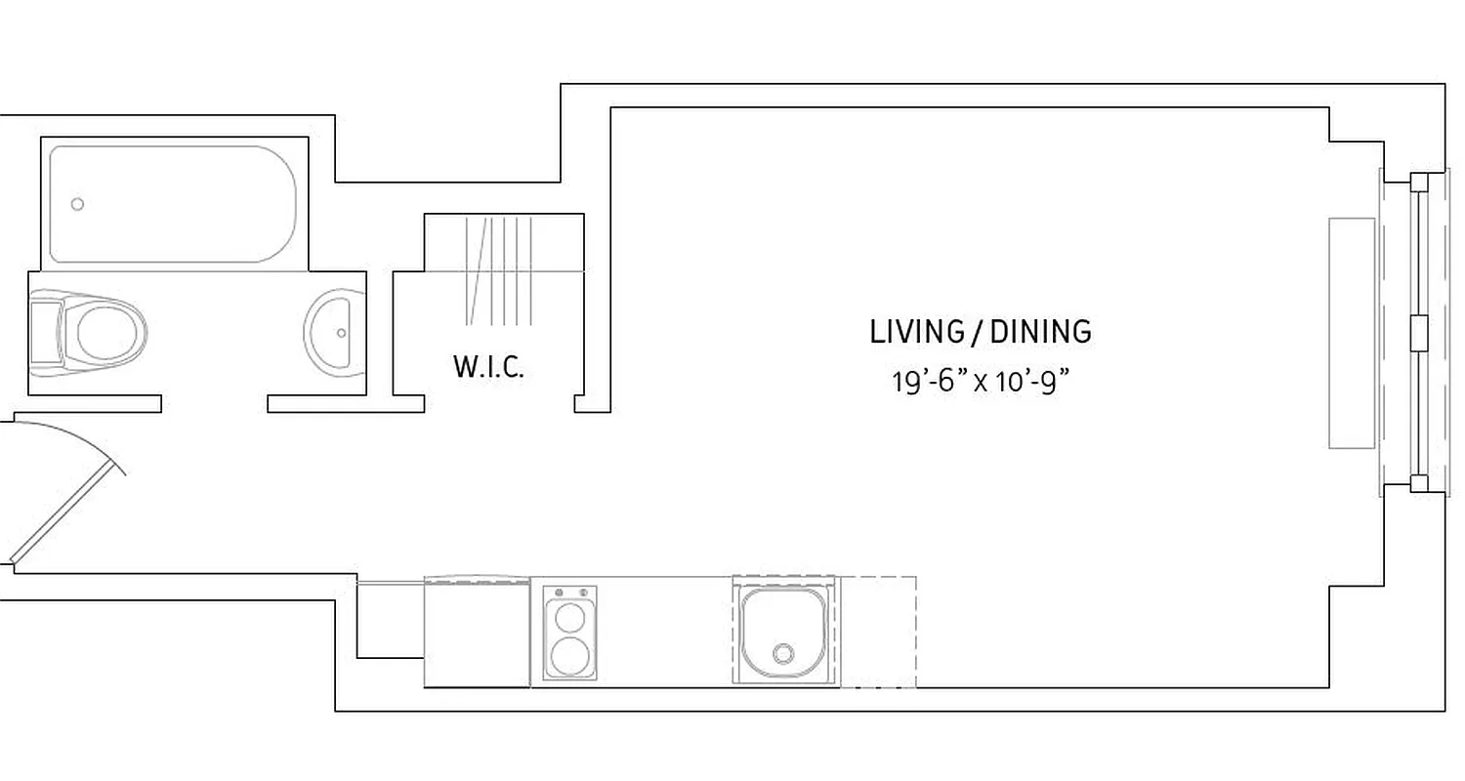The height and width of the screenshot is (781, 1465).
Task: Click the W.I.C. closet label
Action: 488,368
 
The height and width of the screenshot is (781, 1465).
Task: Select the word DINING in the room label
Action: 1041,332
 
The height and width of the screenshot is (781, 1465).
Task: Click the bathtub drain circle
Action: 77,204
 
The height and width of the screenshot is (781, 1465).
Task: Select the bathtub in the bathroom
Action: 173,204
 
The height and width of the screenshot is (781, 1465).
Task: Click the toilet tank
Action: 45,333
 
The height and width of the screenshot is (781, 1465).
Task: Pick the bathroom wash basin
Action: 330,331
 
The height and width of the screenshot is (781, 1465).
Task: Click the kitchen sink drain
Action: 783,653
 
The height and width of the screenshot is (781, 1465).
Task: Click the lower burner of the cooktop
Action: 568,656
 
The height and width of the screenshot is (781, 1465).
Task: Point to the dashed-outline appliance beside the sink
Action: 878,631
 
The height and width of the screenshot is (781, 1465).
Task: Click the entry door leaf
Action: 66,514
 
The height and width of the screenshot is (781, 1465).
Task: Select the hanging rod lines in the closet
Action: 499,270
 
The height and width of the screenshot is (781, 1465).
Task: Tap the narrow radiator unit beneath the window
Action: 1352,333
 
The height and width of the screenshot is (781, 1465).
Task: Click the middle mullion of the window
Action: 1419,333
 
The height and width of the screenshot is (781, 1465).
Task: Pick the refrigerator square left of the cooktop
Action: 477,633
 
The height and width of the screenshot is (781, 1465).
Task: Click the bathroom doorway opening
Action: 214,403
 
